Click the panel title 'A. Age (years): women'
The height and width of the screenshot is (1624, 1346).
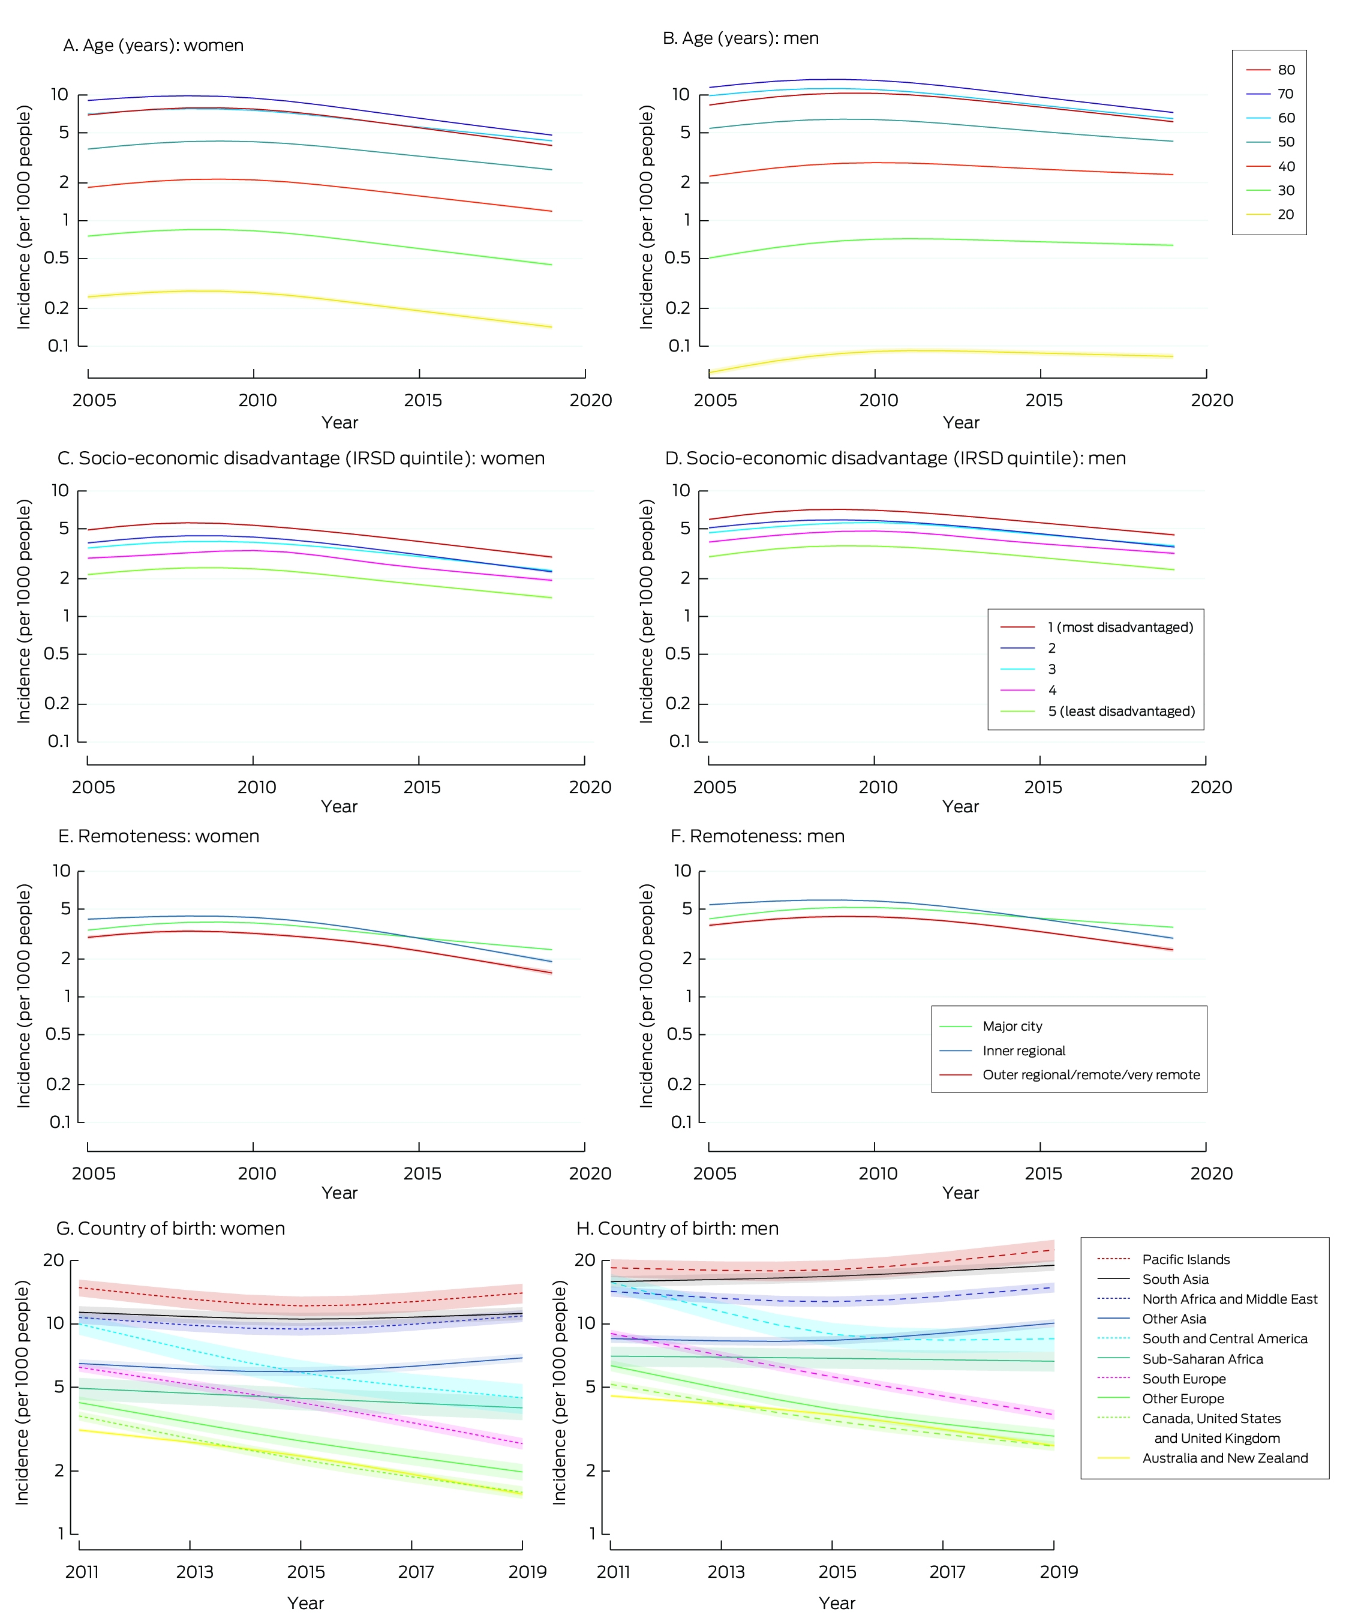[x=153, y=46]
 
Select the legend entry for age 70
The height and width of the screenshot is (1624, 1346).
[x=1270, y=94]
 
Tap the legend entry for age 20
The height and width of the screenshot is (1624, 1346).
[x=1270, y=214]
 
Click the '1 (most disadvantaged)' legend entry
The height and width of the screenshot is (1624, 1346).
[x=1097, y=627]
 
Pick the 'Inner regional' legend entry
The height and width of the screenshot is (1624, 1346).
[x=1002, y=1050]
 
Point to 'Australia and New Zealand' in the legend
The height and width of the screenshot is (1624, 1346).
[x=1202, y=1458]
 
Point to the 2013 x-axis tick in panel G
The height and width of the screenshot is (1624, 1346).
[x=190, y=1544]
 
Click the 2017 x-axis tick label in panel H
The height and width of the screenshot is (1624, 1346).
[x=947, y=1571]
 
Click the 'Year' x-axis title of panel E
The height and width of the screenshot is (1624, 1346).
[x=339, y=1193]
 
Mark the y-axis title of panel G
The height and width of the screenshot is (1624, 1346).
[x=22, y=1392]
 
